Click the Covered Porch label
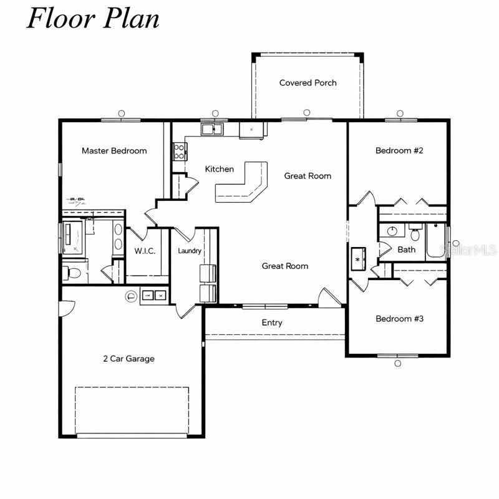308,83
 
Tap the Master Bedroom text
114,151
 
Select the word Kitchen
220,169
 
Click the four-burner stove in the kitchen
179,151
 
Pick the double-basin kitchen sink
213,130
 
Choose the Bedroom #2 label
399,151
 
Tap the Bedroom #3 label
399,319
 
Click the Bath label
406,249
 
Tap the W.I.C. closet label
145,251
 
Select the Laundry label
189,251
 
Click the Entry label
272,322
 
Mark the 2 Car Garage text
128,359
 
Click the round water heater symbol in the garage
132,296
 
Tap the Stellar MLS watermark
468,249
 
